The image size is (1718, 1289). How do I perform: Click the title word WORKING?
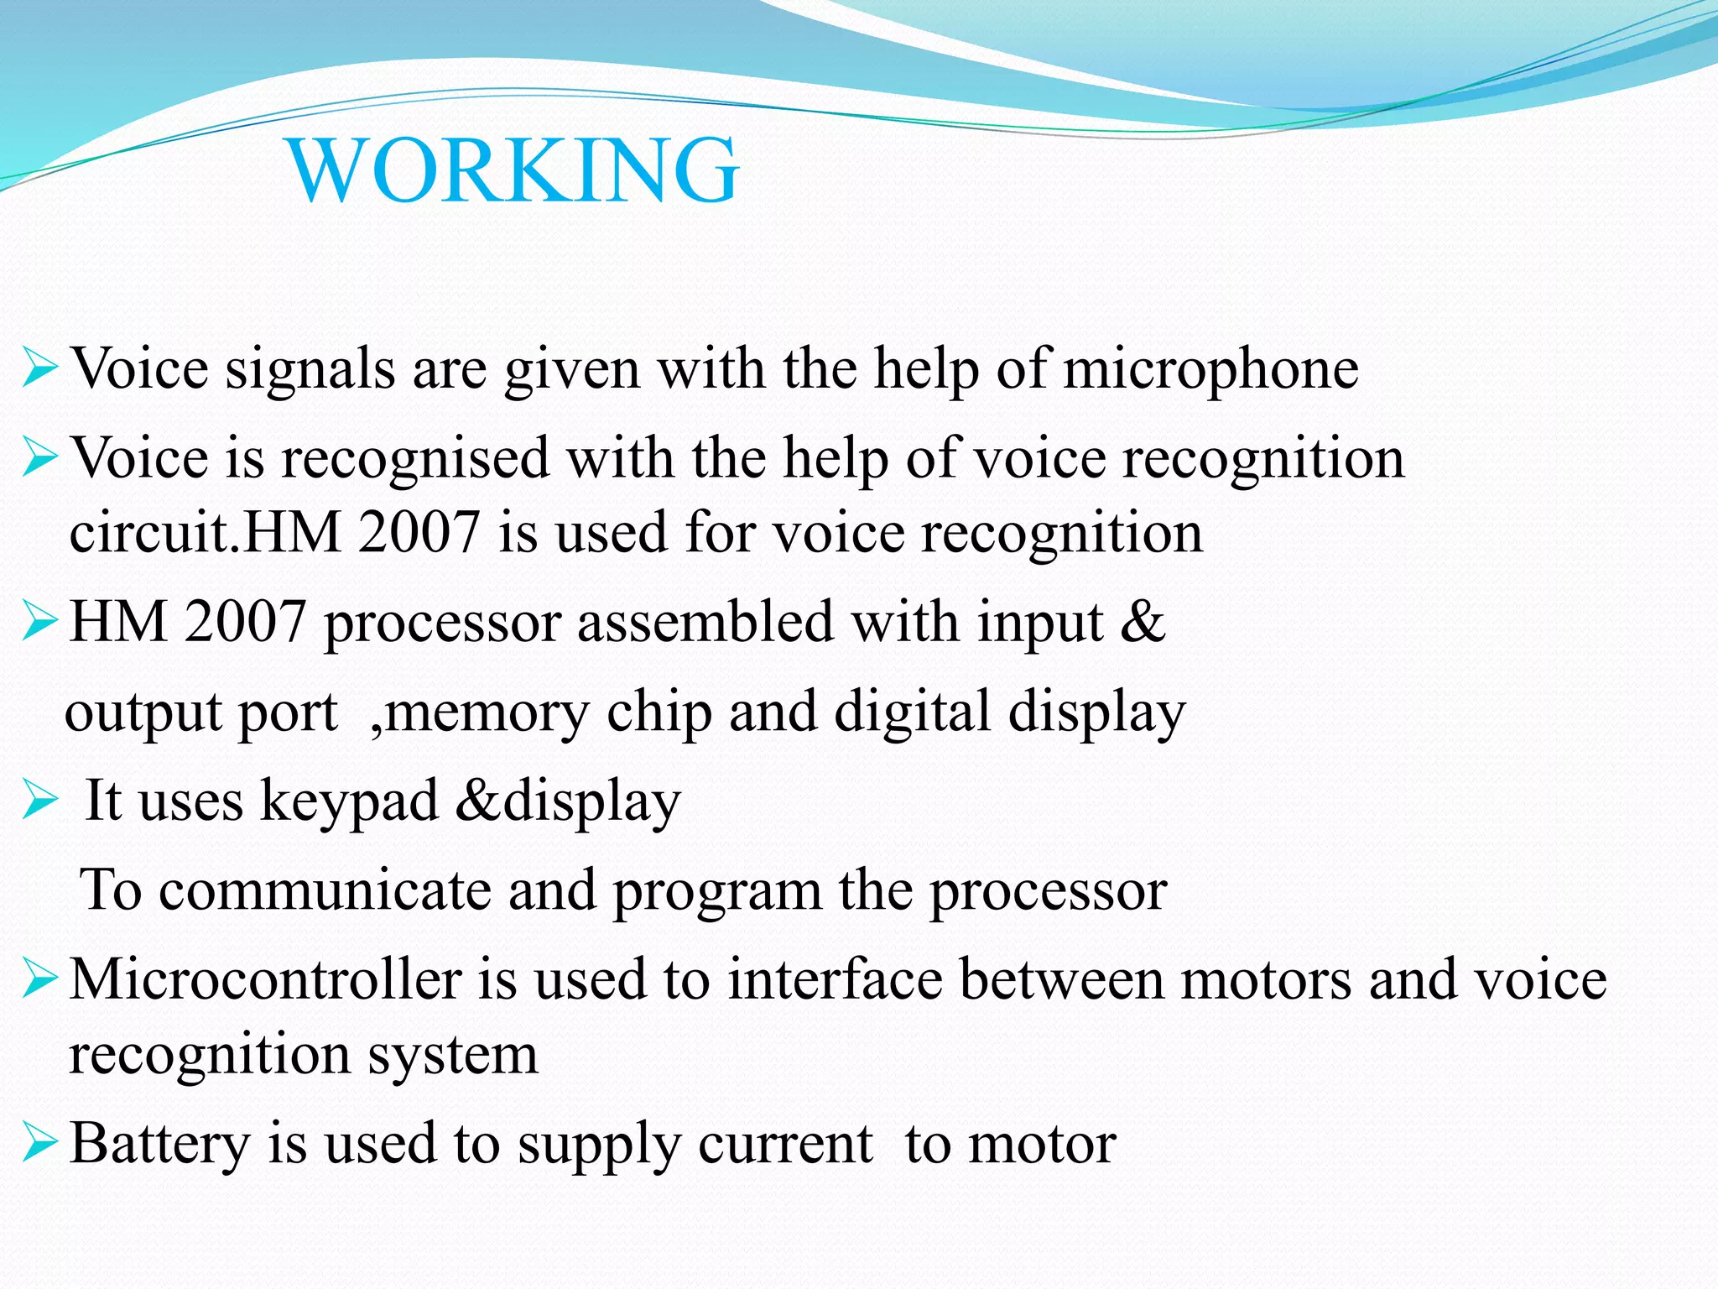click(x=513, y=170)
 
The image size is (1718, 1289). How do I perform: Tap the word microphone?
click(x=1210, y=369)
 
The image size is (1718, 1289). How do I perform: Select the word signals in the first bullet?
click(x=310, y=369)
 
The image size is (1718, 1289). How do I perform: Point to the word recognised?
click(x=414, y=459)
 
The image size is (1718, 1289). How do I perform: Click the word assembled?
click(x=705, y=623)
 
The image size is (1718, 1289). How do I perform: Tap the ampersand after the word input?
click(x=1143, y=623)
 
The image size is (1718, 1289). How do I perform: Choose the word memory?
click(x=487, y=712)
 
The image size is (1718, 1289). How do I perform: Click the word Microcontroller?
click(x=265, y=979)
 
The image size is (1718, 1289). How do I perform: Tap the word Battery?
click(x=160, y=1145)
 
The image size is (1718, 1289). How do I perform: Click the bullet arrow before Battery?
click(x=39, y=1143)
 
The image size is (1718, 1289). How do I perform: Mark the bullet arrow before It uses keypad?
click(x=39, y=800)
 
